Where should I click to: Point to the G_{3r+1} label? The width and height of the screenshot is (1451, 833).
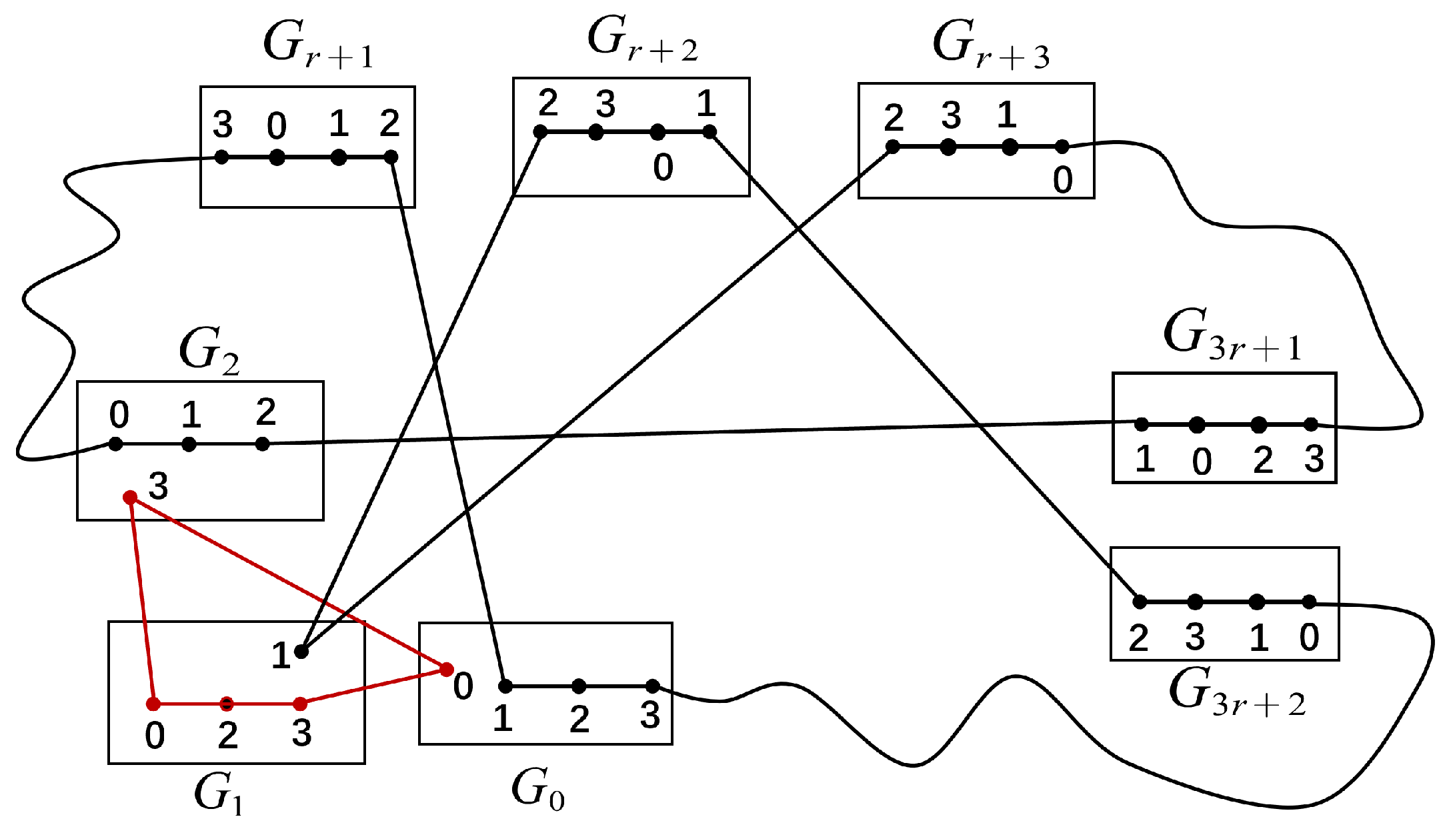(x=1232, y=335)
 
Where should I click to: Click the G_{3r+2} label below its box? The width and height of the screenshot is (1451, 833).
(x=1237, y=692)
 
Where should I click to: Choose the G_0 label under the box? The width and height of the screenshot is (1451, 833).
(x=537, y=790)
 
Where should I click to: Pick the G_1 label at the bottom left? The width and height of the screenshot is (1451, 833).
(x=218, y=794)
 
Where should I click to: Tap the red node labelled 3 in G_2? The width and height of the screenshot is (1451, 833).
(x=131, y=498)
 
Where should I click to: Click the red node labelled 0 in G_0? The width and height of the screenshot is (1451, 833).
(x=447, y=669)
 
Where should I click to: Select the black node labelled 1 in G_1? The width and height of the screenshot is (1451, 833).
(x=301, y=652)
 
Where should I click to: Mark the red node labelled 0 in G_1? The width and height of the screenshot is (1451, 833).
(x=153, y=704)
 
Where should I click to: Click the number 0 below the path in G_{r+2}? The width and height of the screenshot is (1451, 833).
(x=663, y=167)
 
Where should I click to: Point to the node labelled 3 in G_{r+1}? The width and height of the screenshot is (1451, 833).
(x=222, y=157)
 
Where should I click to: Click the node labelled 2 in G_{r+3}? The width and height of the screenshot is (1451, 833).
(x=892, y=147)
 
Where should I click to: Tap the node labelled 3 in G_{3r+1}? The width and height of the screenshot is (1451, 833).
(x=1310, y=424)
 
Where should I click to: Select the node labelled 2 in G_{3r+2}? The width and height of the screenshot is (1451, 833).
(x=1140, y=602)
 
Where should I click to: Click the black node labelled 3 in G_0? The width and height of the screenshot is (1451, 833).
(x=653, y=686)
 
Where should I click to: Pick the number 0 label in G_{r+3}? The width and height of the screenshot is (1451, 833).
(x=1062, y=179)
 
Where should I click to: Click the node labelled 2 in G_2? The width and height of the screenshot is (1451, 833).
(x=263, y=444)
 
